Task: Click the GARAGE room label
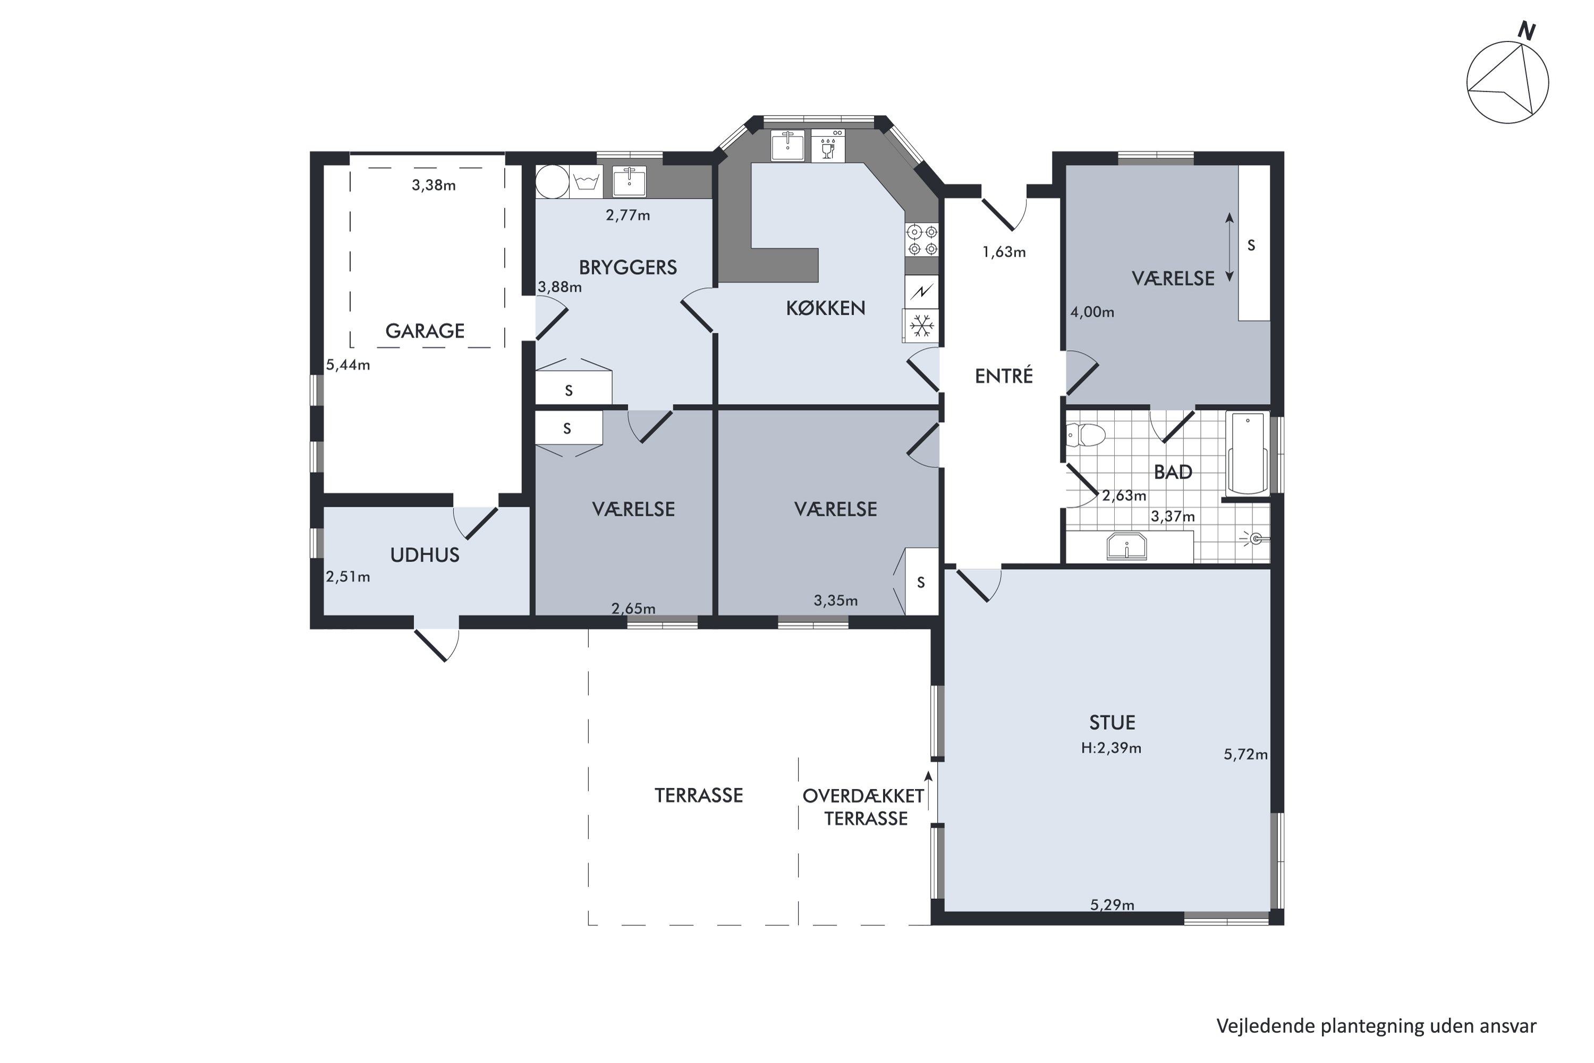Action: [x=425, y=331]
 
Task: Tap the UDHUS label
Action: [x=425, y=555]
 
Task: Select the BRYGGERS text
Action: [x=628, y=267]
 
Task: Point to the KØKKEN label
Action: [x=826, y=308]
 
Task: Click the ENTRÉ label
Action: [x=1004, y=376]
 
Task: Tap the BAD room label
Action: [x=1173, y=472]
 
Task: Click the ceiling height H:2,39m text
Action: [x=1112, y=748]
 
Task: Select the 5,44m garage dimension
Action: [x=349, y=365]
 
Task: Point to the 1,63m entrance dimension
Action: [x=1004, y=252]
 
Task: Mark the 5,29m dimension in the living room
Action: [x=1112, y=905]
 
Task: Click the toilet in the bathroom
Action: [x=1086, y=435]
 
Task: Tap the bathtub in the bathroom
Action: [x=1248, y=453]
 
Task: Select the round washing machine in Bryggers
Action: [x=553, y=182]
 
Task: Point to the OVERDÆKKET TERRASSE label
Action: [x=864, y=807]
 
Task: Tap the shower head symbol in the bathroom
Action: [x=1254, y=539]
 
